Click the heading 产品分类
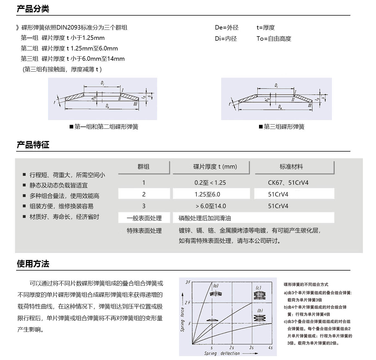click(x=33, y=9)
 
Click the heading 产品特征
click(x=33, y=145)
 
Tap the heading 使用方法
click(x=33, y=264)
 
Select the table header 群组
click(x=143, y=167)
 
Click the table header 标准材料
click(x=291, y=167)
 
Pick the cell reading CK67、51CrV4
click(x=288, y=183)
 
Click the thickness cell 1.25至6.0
click(x=207, y=194)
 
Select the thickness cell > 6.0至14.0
click(x=211, y=206)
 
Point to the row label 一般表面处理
click(x=144, y=218)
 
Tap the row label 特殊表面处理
click(x=144, y=231)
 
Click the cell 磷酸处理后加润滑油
click(x=205, y=218)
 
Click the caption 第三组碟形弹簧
click(x=284, y=127)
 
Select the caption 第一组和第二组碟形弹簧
click(x=106, y=127)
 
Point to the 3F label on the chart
click(x=188, y=282)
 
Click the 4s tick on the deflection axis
click(x=270, y=347)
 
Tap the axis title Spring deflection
click(x=222, y=353)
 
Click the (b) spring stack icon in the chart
click(x=260, y=318)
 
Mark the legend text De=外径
click(x=227, y=28)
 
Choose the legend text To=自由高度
click(x=274, y=39)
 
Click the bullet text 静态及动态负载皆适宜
click(x=58, y=185)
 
